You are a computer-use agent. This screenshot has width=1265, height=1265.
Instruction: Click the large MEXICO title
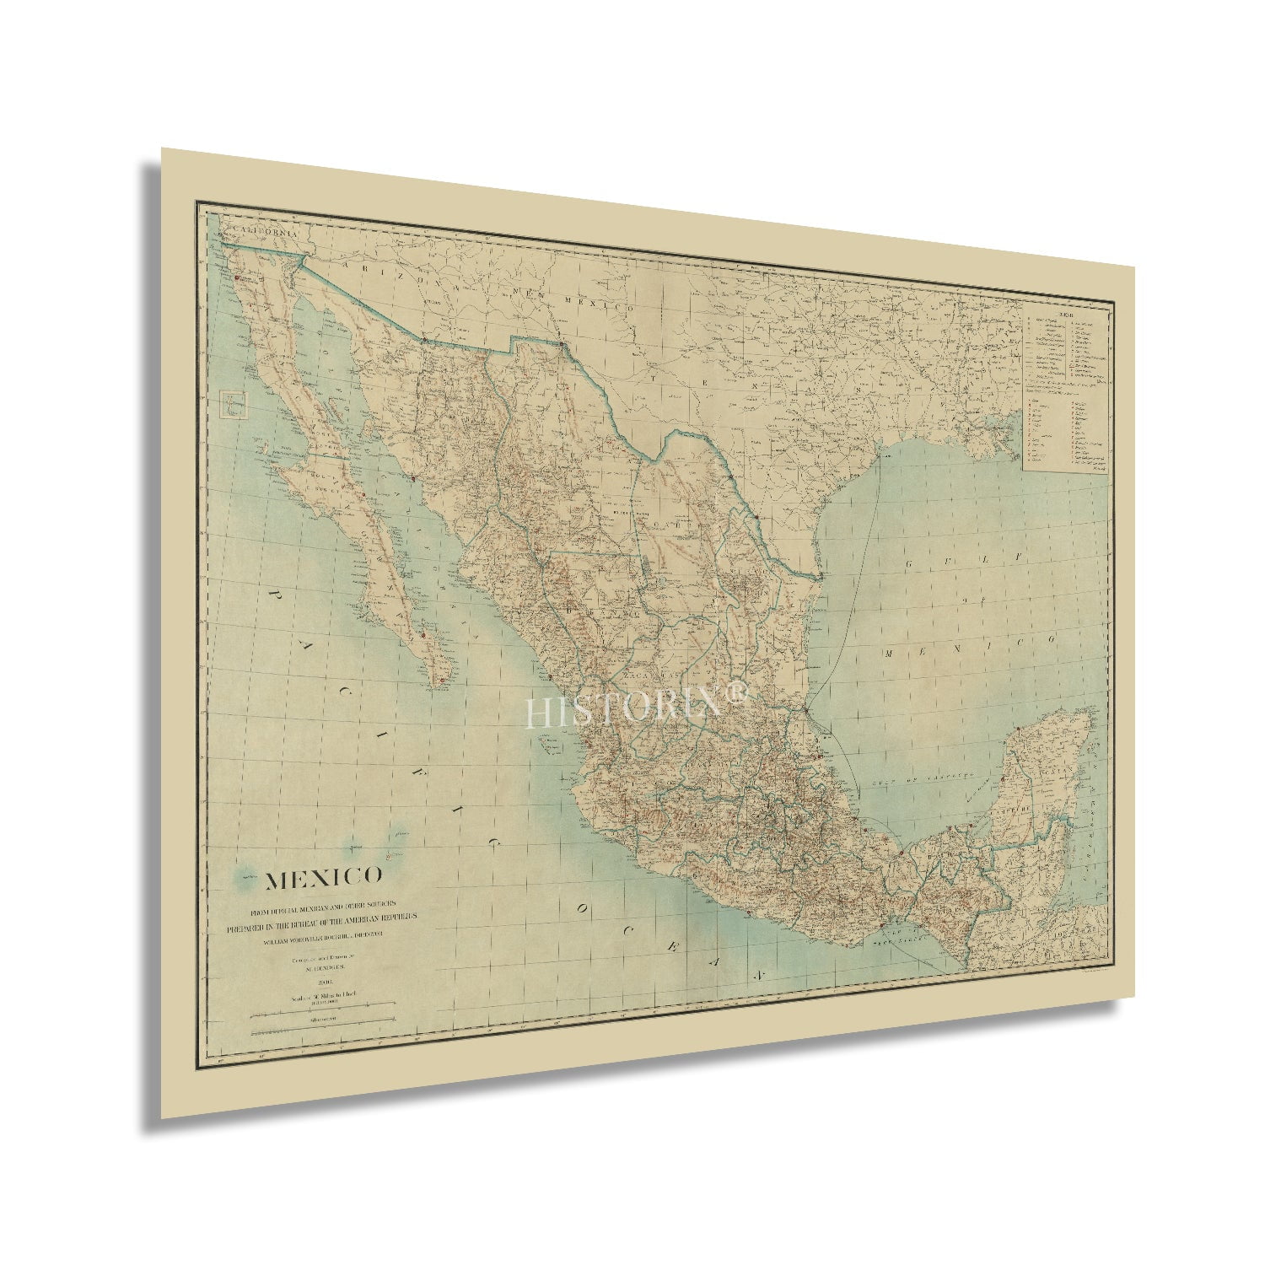[325, 880]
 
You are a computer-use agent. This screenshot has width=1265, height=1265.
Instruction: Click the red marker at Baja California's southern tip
[440, 679]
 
